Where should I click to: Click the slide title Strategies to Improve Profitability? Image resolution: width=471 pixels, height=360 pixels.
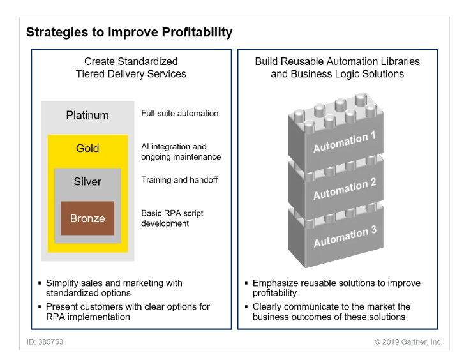click(x=129, y=32)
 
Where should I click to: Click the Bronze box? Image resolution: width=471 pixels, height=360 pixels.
click(x=87, y=218)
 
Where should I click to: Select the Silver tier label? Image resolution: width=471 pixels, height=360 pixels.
click(x=87, y=182)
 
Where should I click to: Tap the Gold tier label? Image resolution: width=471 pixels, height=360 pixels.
click(x=87, y=148)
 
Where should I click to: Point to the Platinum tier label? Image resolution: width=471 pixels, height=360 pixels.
click(x=87, y=116)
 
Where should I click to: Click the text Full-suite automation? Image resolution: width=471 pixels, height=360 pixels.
click(x=180, y=114)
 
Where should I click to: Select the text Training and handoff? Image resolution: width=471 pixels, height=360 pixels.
click(x=179, y=180)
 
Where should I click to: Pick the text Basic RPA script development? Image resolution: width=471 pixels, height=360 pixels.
click(x=172, y=218)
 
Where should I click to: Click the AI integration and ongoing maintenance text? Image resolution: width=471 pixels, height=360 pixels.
click(x=181, y=152)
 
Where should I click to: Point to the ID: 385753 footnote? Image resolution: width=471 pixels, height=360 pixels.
click(x=45, y=342)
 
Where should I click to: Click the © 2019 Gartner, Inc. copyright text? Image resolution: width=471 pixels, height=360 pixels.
click(x=408, y=342)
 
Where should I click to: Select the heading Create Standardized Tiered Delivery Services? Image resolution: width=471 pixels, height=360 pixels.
click(x=131, y=68)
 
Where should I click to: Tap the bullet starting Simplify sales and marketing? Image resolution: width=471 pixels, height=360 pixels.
click(x=114, y=288)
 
